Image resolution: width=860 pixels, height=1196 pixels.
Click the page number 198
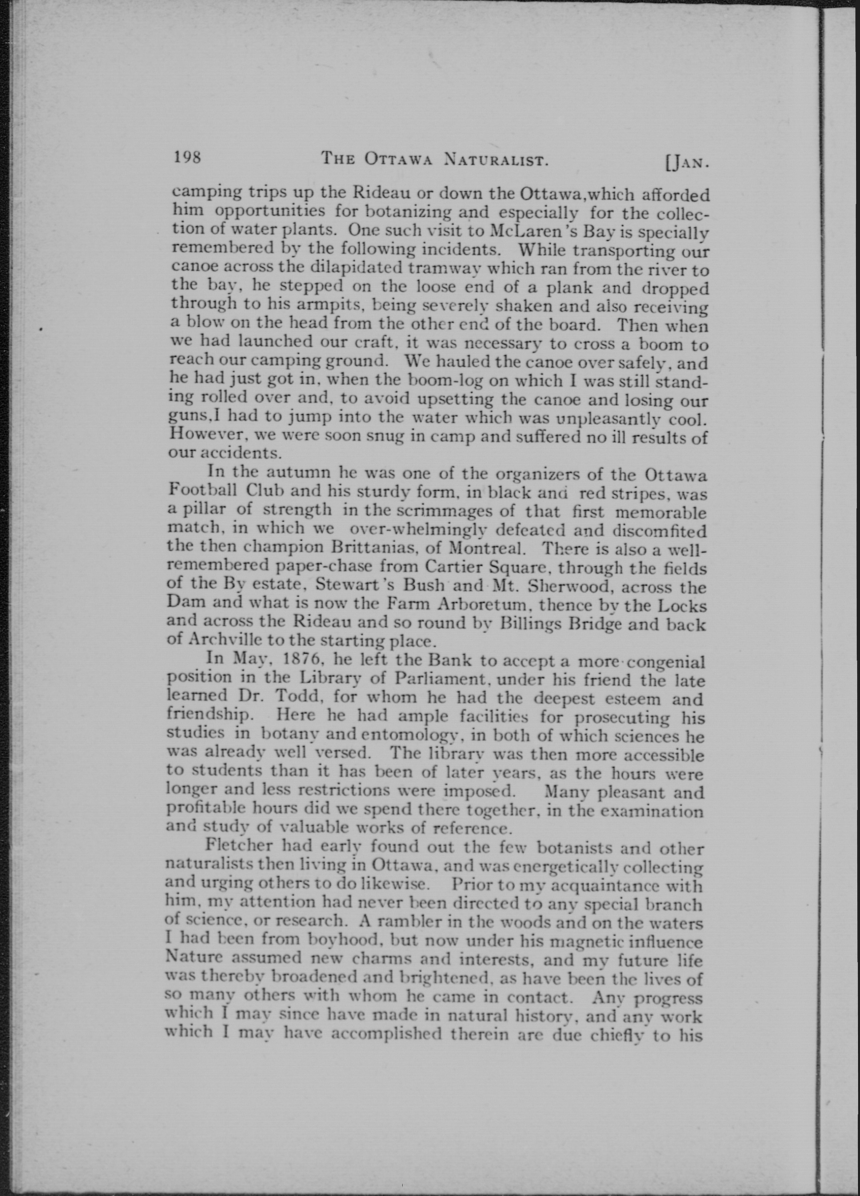point(187,157)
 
